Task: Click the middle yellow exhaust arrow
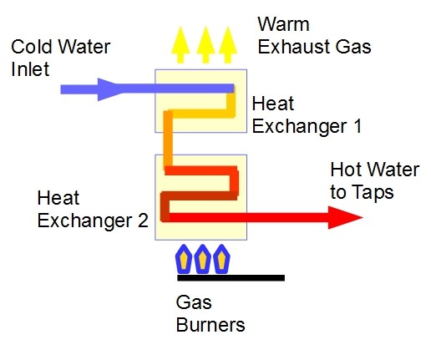(205, 45)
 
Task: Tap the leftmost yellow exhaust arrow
(180, 45)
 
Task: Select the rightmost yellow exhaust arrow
(228, 45)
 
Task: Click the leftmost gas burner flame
(184, 259)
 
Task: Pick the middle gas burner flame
(202, 259)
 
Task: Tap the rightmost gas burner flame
(221, 259)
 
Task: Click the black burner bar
(231, 278)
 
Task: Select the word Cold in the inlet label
(32, 47)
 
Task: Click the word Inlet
(30, 69)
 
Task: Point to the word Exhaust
(294, 47)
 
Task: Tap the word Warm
(284, 24)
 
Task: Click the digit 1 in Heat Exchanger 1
(357, 126)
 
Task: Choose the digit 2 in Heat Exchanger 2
(143, 221)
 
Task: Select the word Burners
(210, 325)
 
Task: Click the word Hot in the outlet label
(346, 170)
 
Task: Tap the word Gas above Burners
(194, 302)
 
